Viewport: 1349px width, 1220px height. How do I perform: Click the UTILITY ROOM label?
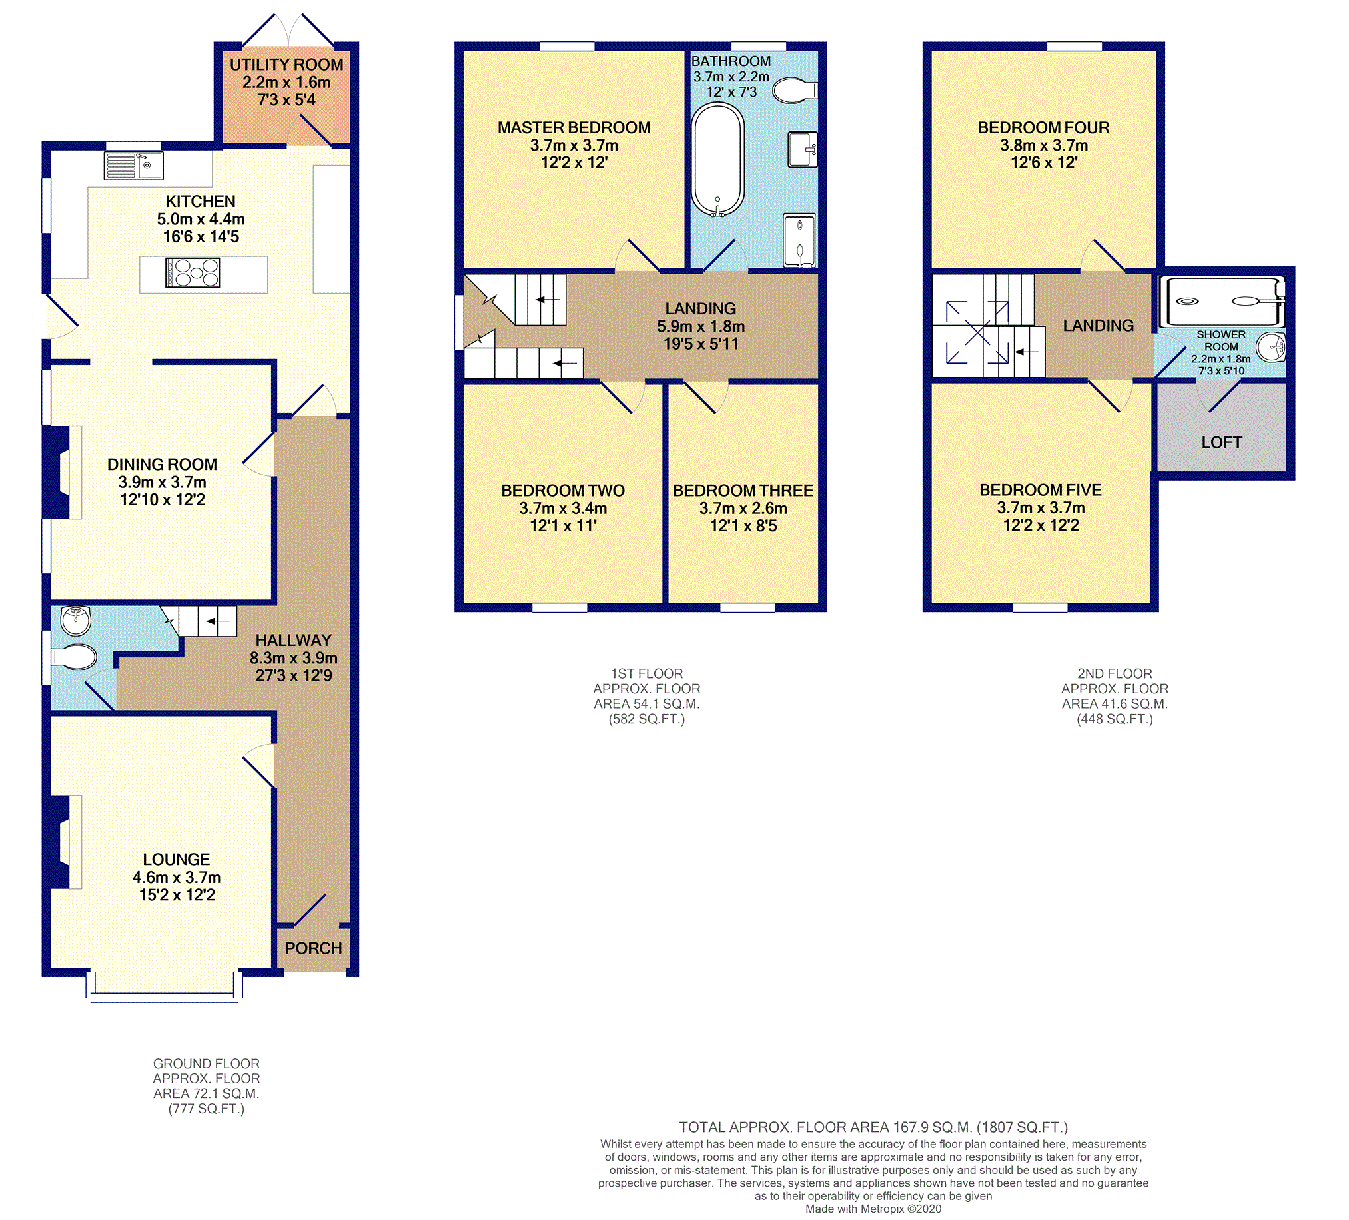click(286, 65)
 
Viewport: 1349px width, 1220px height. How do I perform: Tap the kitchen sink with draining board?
click(134, 166)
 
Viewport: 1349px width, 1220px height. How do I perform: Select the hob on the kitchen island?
click(193, 273)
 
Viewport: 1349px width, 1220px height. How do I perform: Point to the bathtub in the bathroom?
click(717, 160)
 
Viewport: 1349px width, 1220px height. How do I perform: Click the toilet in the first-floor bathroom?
click(795, 91)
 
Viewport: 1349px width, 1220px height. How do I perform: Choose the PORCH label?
click(313, 948)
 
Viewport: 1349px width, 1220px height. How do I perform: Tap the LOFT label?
click(1222, 442)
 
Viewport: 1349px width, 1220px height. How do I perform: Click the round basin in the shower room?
click(1270, 347)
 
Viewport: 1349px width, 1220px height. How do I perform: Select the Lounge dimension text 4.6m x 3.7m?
click(177, 878)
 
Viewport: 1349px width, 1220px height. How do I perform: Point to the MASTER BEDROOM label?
click(574, 128)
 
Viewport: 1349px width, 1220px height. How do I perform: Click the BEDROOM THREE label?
click(743, 491)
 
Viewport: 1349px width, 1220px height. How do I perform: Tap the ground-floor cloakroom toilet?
click(73, 656)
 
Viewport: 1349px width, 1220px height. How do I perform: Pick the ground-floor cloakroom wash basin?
click(76, 621)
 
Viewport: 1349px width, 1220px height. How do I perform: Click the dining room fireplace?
click(63, 472)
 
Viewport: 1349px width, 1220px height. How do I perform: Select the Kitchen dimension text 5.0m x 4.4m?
click(201, 219)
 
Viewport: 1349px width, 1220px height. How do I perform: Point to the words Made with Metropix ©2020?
click(873, 1209)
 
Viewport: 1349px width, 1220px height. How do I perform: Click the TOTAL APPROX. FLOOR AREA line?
click(873, 1127)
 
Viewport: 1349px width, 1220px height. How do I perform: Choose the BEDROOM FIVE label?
click(1041, 490)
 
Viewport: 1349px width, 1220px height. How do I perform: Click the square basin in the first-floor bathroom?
click(802, 149)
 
